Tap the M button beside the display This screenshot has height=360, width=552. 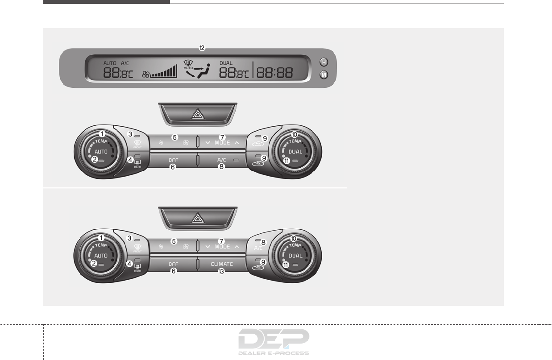pyautogui.click(x=324, y=75)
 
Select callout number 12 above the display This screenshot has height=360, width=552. pyautogui.click(x=202, y=47)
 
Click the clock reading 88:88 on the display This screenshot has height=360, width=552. pyautogui.click(x=274, y=73)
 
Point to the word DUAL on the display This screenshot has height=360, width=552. pyautogui.click(x=226, y=63)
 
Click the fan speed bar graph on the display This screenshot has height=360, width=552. pyautogui.click(x=164, y=72)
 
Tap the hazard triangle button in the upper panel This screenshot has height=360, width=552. pyautogui.click(x=197, y=114)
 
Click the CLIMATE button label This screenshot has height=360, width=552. pyautogui.click(x=222, y=264)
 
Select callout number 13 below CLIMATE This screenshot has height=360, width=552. pyautogui.click(x=221, y=271)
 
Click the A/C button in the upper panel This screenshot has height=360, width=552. pyautogui.click(x=222, y=160)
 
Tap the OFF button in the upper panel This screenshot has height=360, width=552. pyautogui.click(x=173, y=160)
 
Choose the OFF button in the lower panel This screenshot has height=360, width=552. pyautogui.click(x=173, y=264)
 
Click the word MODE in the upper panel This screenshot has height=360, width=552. pyautogui.click(x=222, y=143)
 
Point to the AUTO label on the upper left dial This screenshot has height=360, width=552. pyautogui.click(x=101, y=151)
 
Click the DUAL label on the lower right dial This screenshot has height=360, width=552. pyautogui.click(x=295, y=256)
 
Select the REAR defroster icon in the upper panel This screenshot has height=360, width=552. pyautogui.click(x=137, y=163)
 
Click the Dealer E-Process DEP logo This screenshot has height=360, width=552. pyautogui.click(x=274, y=341)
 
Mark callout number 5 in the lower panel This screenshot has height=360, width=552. pyautogui.click(x=174, y=241)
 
